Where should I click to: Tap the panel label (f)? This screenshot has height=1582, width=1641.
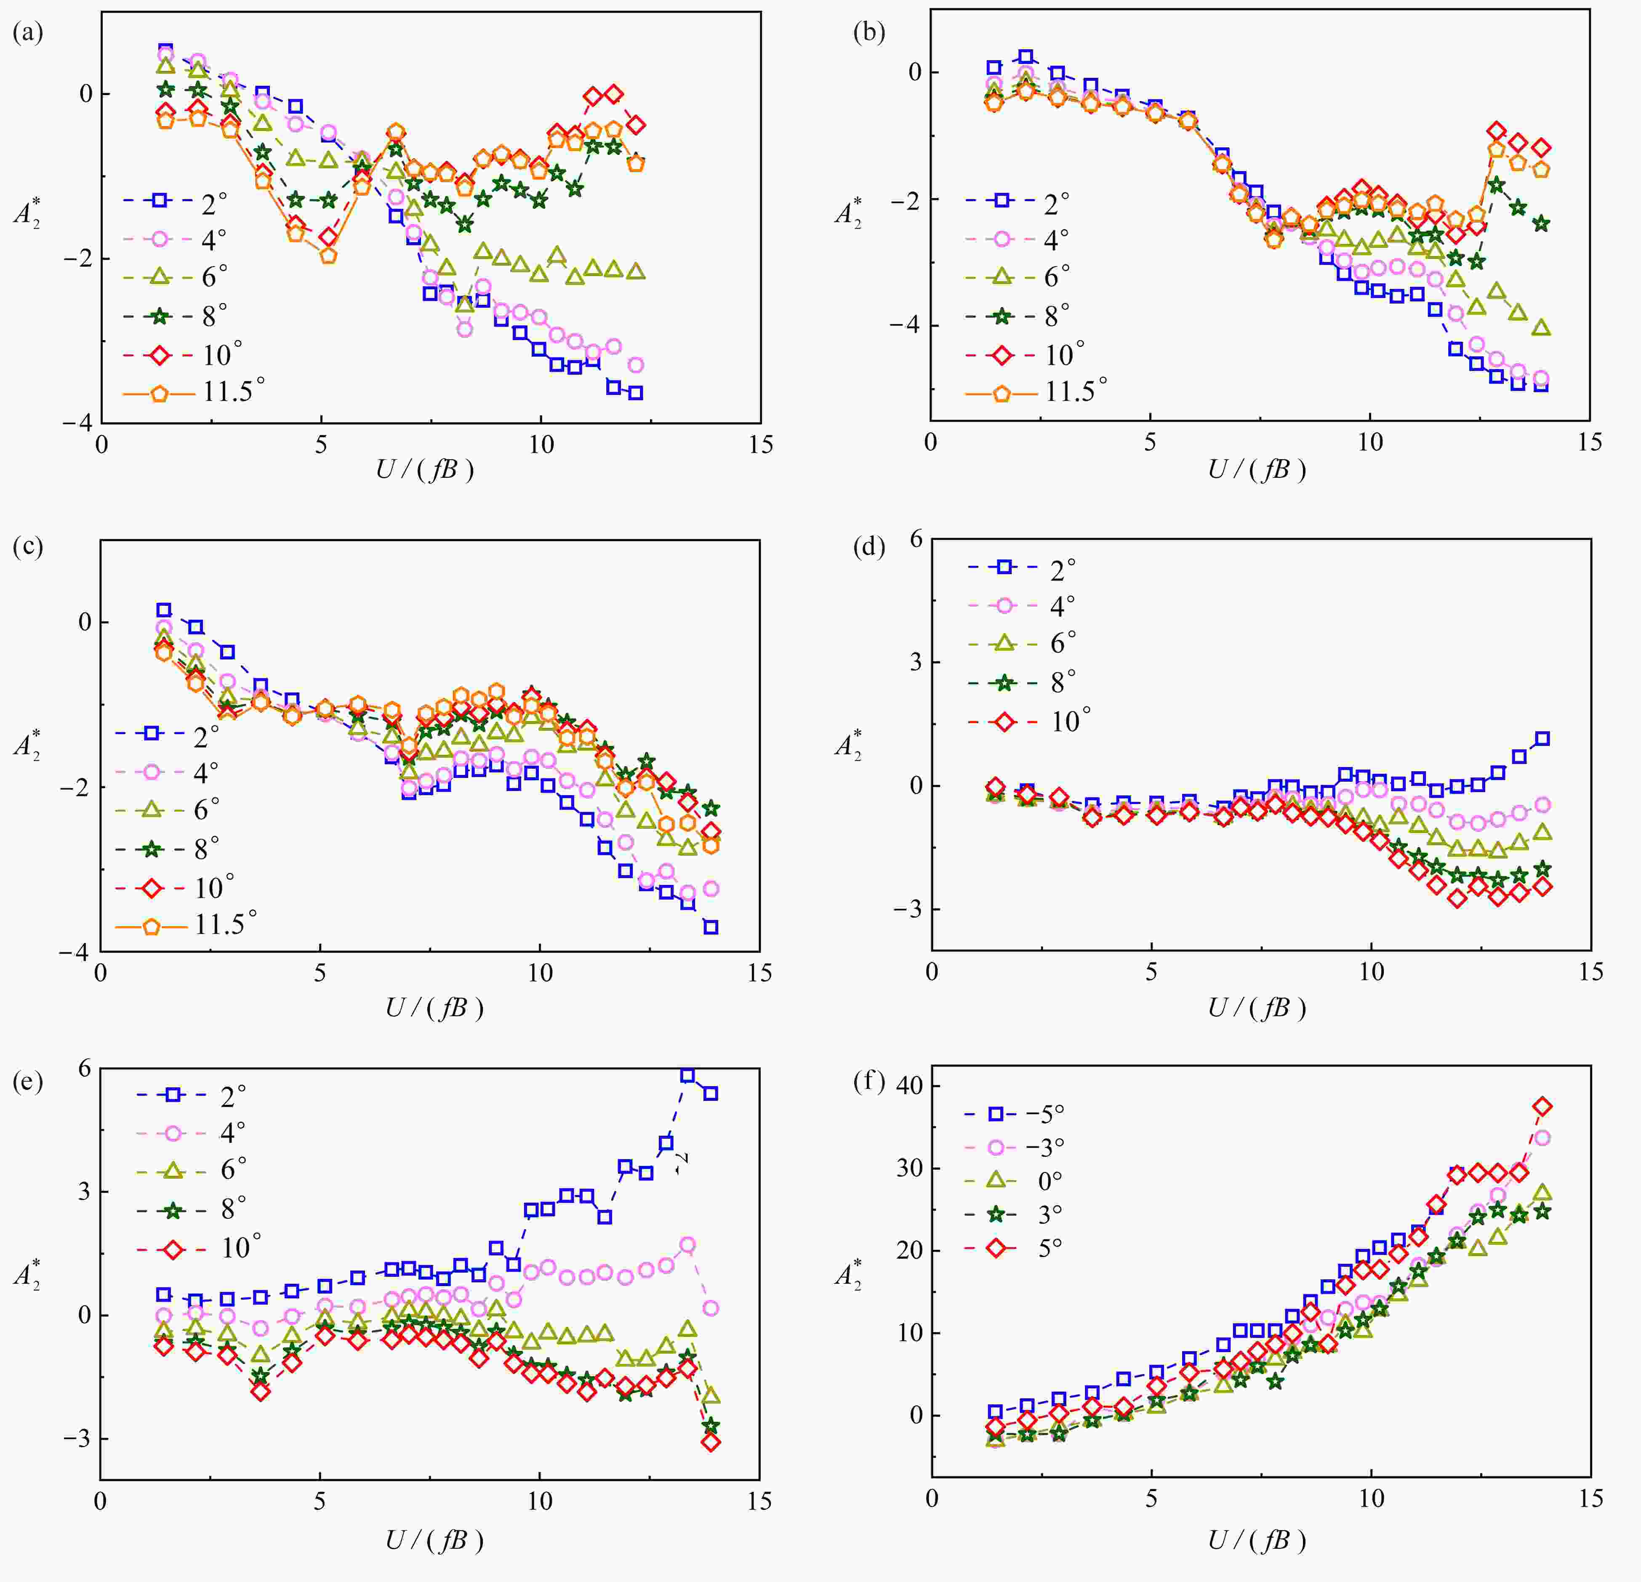[x=869, y=1082]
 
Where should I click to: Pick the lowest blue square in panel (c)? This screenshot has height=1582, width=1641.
[x=711, y=927]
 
